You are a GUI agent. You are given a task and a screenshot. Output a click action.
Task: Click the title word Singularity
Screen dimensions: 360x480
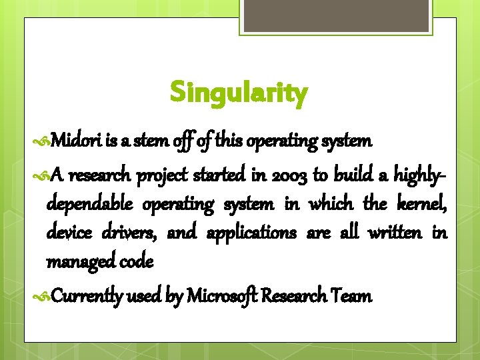tap(239, 93)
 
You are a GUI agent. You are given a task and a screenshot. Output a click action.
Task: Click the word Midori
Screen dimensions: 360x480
tap(75, 141)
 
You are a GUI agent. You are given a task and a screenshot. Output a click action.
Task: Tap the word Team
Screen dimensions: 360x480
tap(353, 296)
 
